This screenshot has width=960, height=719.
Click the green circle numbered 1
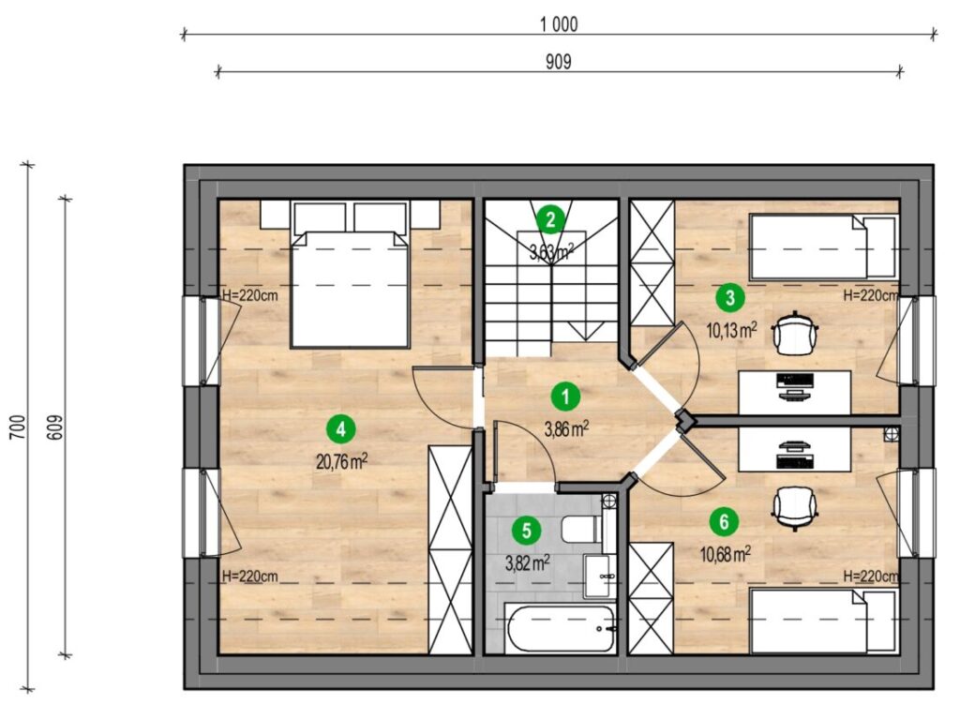pyautogui.click(x=565, y=397)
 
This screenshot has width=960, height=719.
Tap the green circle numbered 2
pyautogui.click(x=550, y=219)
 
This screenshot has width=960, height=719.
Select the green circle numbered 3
pyautogui.click(x=729, y=298)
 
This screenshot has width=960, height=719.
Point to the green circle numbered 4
pyautogui.click(x=340, y=429)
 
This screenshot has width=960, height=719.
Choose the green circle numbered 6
pyautogui.click(x=725, y=522)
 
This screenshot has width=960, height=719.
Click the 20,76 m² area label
pyautogui.click(x=341, y=461)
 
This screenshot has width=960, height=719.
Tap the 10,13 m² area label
pyautogui.click(x=732, y=331)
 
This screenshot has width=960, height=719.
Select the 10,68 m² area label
pyautogui.click(x=726, y=555)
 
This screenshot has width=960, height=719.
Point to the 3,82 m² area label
pyautogui.click(x=527, y=562)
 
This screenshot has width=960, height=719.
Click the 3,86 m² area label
pyautogui.click(x=566, y=428)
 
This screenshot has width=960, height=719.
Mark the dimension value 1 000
pyautogui.click(x=559, y=24)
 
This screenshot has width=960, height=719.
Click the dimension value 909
pyautogui.click(x=559, y=62)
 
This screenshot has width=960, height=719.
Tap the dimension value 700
pyautogui.click(x=18, y=427)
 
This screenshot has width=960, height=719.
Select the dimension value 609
pyautogui.click(x=54, y=427)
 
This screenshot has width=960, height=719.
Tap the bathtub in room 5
pyautogui.click(x=561, y=629)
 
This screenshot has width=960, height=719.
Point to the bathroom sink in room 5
pyautogui.click(x=600, y=576)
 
